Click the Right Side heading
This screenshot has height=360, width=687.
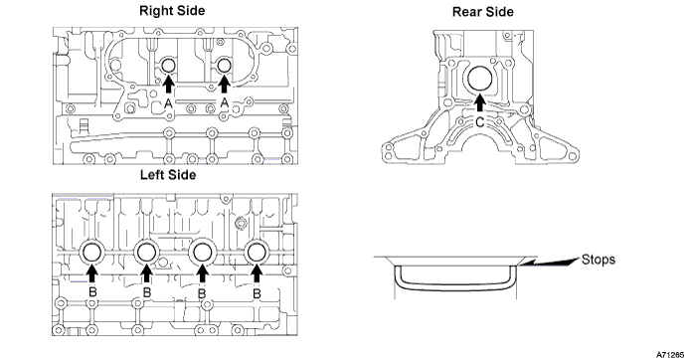coord(172,11)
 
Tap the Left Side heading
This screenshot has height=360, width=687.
coord(168,175)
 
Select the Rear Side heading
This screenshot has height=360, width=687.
coord(483,12)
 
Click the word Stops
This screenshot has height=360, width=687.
coord(599,260)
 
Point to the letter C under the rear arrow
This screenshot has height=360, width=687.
coord(480,122)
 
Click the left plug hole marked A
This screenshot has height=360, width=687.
coord(168,66)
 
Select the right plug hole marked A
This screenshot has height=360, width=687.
coord(224,66)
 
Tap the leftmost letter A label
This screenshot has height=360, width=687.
coord(168,103)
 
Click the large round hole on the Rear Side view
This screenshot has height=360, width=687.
coord(480,79)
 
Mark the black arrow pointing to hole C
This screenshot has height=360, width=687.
coord(480,103)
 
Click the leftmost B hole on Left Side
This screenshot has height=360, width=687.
coord(92,253)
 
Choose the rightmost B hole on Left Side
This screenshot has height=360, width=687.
coord(257,253)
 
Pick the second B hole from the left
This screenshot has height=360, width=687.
coord(146,253)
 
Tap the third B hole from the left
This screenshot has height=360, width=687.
coord(202,253)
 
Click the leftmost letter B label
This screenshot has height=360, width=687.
coord(92,292)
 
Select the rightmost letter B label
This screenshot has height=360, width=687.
coord(257,292)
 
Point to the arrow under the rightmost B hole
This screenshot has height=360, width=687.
coord(257,274)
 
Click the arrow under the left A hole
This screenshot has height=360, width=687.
coord(169,85)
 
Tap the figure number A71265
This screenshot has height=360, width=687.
coord(669,354)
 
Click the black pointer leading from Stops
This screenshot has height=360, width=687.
coord(550,262)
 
